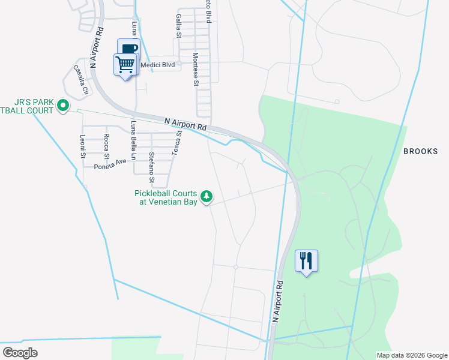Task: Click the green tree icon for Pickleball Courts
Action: pos(206,196)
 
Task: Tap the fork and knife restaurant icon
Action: pos(307,261)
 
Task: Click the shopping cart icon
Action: pos(125,64)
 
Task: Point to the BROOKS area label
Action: pos(420,151)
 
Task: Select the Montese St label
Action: pos(196,70)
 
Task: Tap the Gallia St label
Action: pos(178,26)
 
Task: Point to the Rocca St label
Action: pos(106,148)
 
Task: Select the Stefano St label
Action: pos(152,167)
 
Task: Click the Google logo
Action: pos(20,353)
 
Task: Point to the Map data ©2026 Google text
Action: pos(412,355)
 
